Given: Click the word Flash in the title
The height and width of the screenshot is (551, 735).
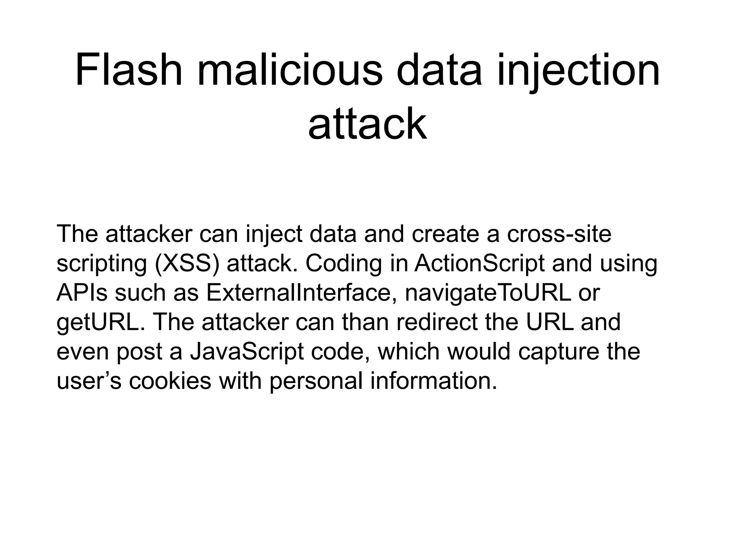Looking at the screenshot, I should [129, 70].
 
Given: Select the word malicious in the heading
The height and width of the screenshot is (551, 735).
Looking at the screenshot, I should [290, 70].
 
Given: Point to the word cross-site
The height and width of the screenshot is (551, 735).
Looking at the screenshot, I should [559, 234].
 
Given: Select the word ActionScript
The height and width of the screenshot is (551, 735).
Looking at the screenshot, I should [480, 263].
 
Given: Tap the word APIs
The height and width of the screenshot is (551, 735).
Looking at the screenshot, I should [82, 293].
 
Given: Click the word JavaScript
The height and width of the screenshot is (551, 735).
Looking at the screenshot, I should [247, 352].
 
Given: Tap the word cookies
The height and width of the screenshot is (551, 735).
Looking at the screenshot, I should [170, 381].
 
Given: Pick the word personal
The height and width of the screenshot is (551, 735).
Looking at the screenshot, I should [316, 381].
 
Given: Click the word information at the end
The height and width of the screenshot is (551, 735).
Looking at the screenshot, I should [434, 381].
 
